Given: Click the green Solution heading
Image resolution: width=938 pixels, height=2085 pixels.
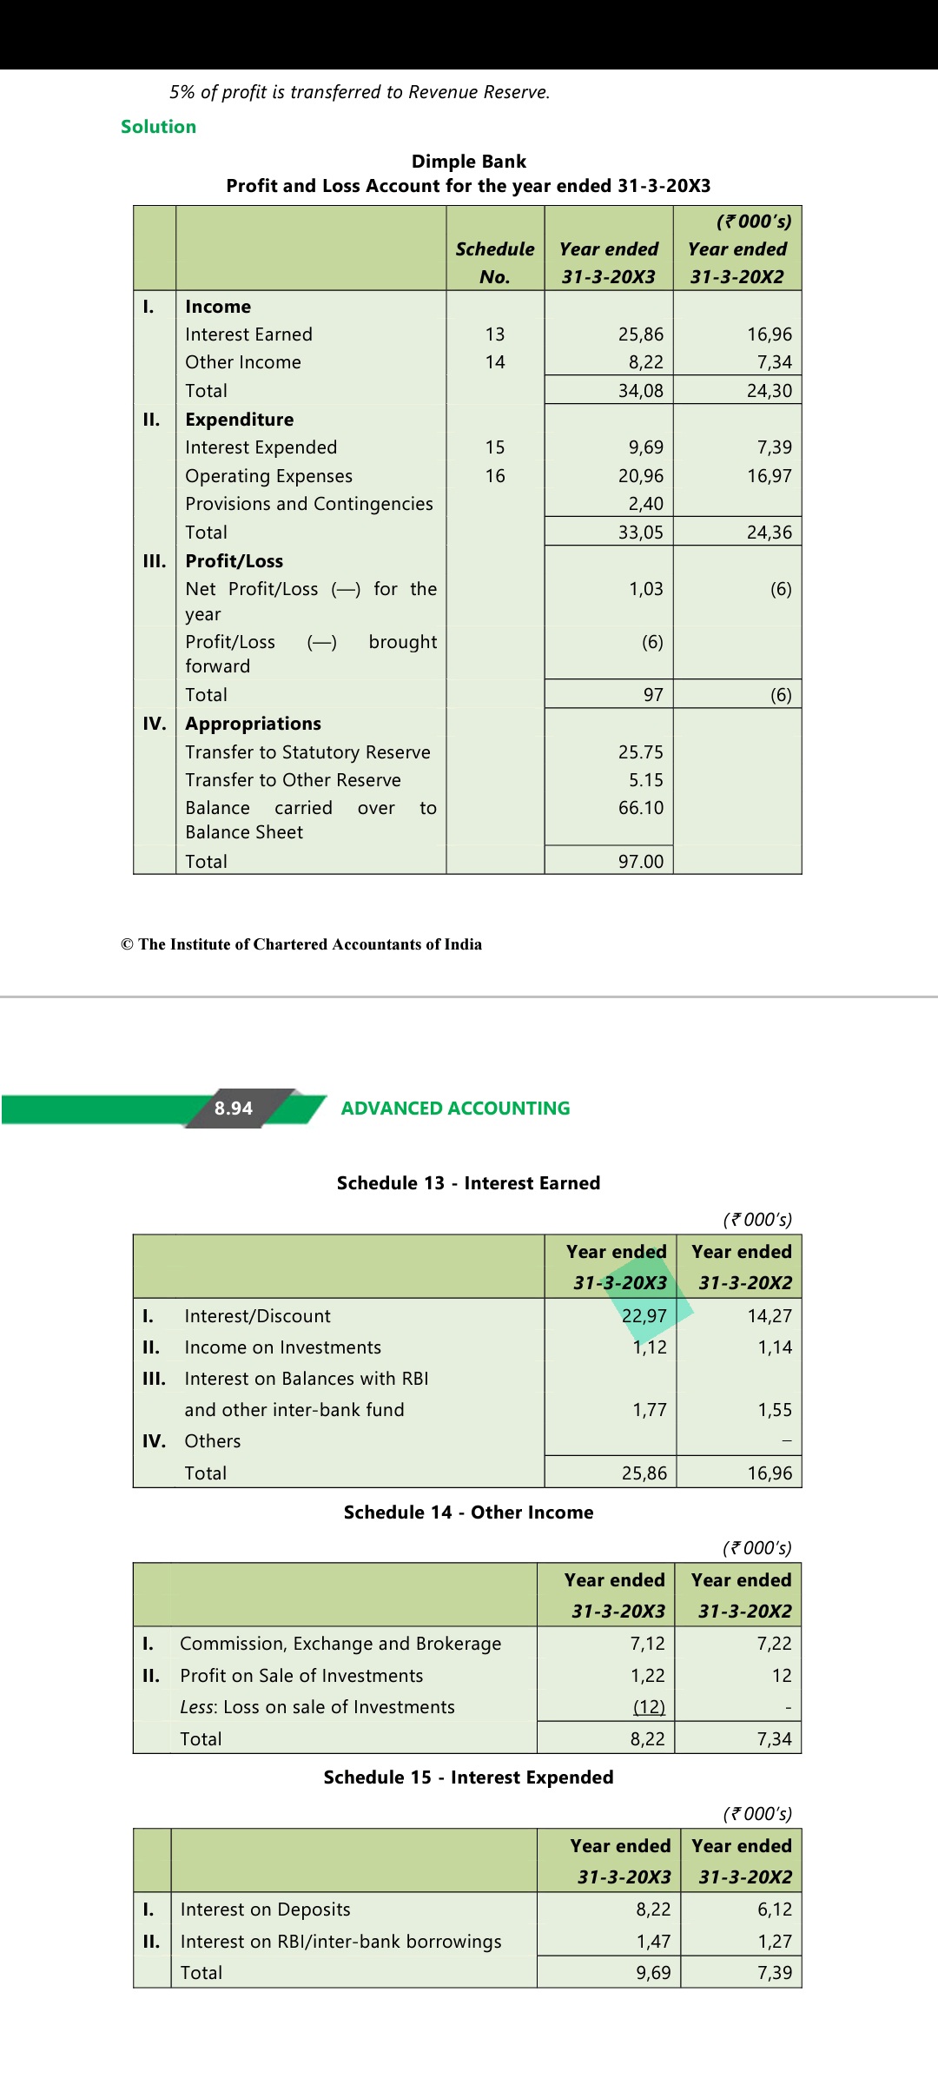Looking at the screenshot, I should [158, 127].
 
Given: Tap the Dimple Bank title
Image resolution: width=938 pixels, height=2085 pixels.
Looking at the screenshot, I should [468, 162].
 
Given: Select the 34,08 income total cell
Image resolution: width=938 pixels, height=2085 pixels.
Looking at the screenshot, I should [640, 391].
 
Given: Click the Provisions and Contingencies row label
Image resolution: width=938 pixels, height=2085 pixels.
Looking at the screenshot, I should [308, 504].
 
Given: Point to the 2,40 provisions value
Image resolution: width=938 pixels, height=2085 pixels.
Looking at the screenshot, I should [645, 504].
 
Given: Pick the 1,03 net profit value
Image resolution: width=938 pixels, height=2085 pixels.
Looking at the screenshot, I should [645, 589].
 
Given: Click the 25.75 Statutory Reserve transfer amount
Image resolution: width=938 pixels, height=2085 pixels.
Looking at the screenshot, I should [640, 752].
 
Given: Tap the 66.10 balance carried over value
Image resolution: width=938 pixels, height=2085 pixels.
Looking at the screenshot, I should [640, 808].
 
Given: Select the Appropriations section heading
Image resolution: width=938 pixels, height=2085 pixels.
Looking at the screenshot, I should [253, 724].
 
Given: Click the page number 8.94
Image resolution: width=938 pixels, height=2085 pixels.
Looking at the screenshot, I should [233, 1109].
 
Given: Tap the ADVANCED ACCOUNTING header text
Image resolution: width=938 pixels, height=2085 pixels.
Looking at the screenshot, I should [455, 1109].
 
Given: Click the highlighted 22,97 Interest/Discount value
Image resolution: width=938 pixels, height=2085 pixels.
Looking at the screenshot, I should [644, 1316].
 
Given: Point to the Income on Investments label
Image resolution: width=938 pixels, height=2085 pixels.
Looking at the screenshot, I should [282, 1347].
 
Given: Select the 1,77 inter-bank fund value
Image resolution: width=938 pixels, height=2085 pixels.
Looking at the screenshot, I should [649, 1410].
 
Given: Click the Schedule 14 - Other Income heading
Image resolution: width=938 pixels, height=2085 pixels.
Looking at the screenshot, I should [468, 1512].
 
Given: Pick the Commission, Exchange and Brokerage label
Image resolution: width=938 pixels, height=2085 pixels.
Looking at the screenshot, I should [340, 1644].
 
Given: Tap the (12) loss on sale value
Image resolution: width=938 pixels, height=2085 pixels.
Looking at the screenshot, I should [648, 1707].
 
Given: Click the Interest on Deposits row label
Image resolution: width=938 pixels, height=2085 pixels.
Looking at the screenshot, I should [265, 1910].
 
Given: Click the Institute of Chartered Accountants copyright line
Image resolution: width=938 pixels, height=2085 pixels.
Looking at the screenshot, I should [301, 944].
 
